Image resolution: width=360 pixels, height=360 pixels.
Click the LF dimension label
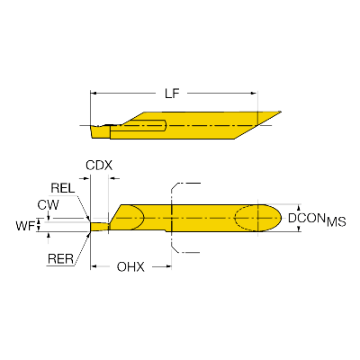coord(172,94)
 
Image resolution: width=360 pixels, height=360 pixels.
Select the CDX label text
coord(99,166)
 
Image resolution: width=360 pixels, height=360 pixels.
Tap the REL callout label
coord(63,188)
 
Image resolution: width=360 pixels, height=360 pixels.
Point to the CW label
coord(48,205)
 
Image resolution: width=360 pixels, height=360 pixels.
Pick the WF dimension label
coord(25,226)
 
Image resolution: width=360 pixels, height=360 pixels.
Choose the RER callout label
coord(60,258)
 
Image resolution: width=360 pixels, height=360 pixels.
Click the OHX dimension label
coord(130,266)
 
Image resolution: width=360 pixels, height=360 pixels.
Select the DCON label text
coord(307,218)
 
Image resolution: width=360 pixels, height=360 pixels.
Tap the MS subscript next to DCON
coord(337,222)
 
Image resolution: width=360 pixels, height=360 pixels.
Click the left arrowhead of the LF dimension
coord(94,94)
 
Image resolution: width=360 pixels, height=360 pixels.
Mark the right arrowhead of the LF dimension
coord(254,94)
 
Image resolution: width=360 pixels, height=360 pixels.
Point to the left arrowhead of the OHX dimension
coord(94,266)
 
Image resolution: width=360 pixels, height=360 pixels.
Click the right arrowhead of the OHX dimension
coord(167,266)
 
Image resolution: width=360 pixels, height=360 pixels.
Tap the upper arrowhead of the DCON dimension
coord(299,208)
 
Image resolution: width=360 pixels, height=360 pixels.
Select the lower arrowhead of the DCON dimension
coord(299,229)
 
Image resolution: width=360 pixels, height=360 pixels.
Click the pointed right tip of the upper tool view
coord(281,112)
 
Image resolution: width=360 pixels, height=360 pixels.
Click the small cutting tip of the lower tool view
coord(99,227)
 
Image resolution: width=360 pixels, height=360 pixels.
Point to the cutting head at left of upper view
coord(100,132)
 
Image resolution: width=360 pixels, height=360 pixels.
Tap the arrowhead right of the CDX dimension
coord(114,178)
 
